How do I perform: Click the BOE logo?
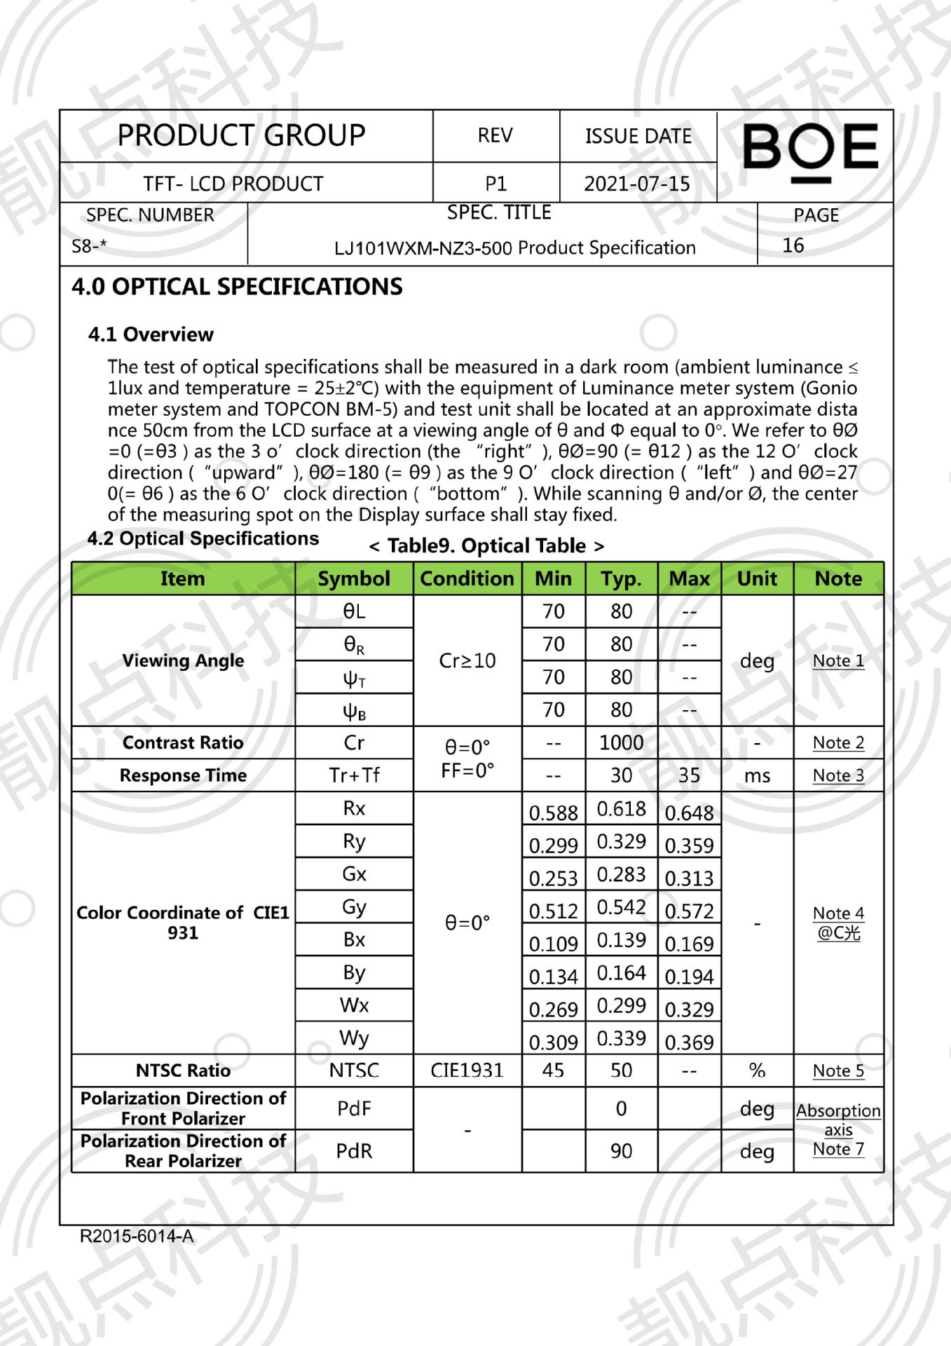(810, 150)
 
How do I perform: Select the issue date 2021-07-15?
(636, 184)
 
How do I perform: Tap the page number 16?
(793, 245)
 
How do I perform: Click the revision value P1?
(495, 184)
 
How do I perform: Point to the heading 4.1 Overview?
(151, 334)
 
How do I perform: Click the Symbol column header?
(354, 578)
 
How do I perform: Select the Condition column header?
(467, 578)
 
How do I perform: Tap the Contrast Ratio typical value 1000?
(621, 742)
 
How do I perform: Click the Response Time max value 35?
(689, 775)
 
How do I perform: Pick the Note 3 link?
(838, 775)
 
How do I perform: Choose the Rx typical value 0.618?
(621, 809)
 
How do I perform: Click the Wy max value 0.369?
(689, 1042)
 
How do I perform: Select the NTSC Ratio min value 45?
(553, 1070)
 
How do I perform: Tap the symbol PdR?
(354, 1150)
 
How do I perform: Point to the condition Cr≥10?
(467, 660)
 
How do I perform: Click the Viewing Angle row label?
(183, 660)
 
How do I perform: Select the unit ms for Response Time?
(757, 775)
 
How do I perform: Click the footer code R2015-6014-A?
(137, 1236)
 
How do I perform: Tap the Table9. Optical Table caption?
(486, 545)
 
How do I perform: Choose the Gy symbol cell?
(354, 907)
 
